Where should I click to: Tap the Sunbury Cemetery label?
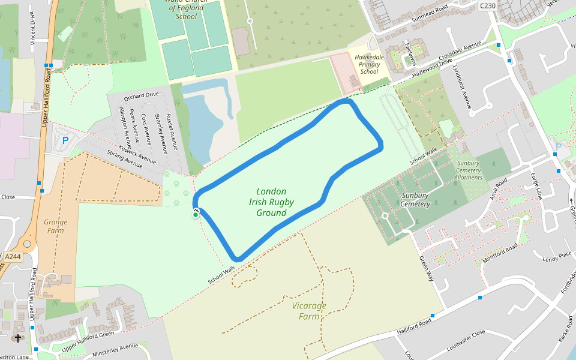[x=415, y=200]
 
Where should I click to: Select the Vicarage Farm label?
[x=309, y=311]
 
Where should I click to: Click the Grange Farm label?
[x=56, y=226]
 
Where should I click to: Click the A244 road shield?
[x=12, y=256]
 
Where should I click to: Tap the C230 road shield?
[x=488, y=5]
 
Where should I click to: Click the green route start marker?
[x=196, y=214]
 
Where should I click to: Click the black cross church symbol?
[x=18, y=338]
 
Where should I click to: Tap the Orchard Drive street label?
[x=141, y=95]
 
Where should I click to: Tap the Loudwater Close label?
[x=466, y=340]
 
